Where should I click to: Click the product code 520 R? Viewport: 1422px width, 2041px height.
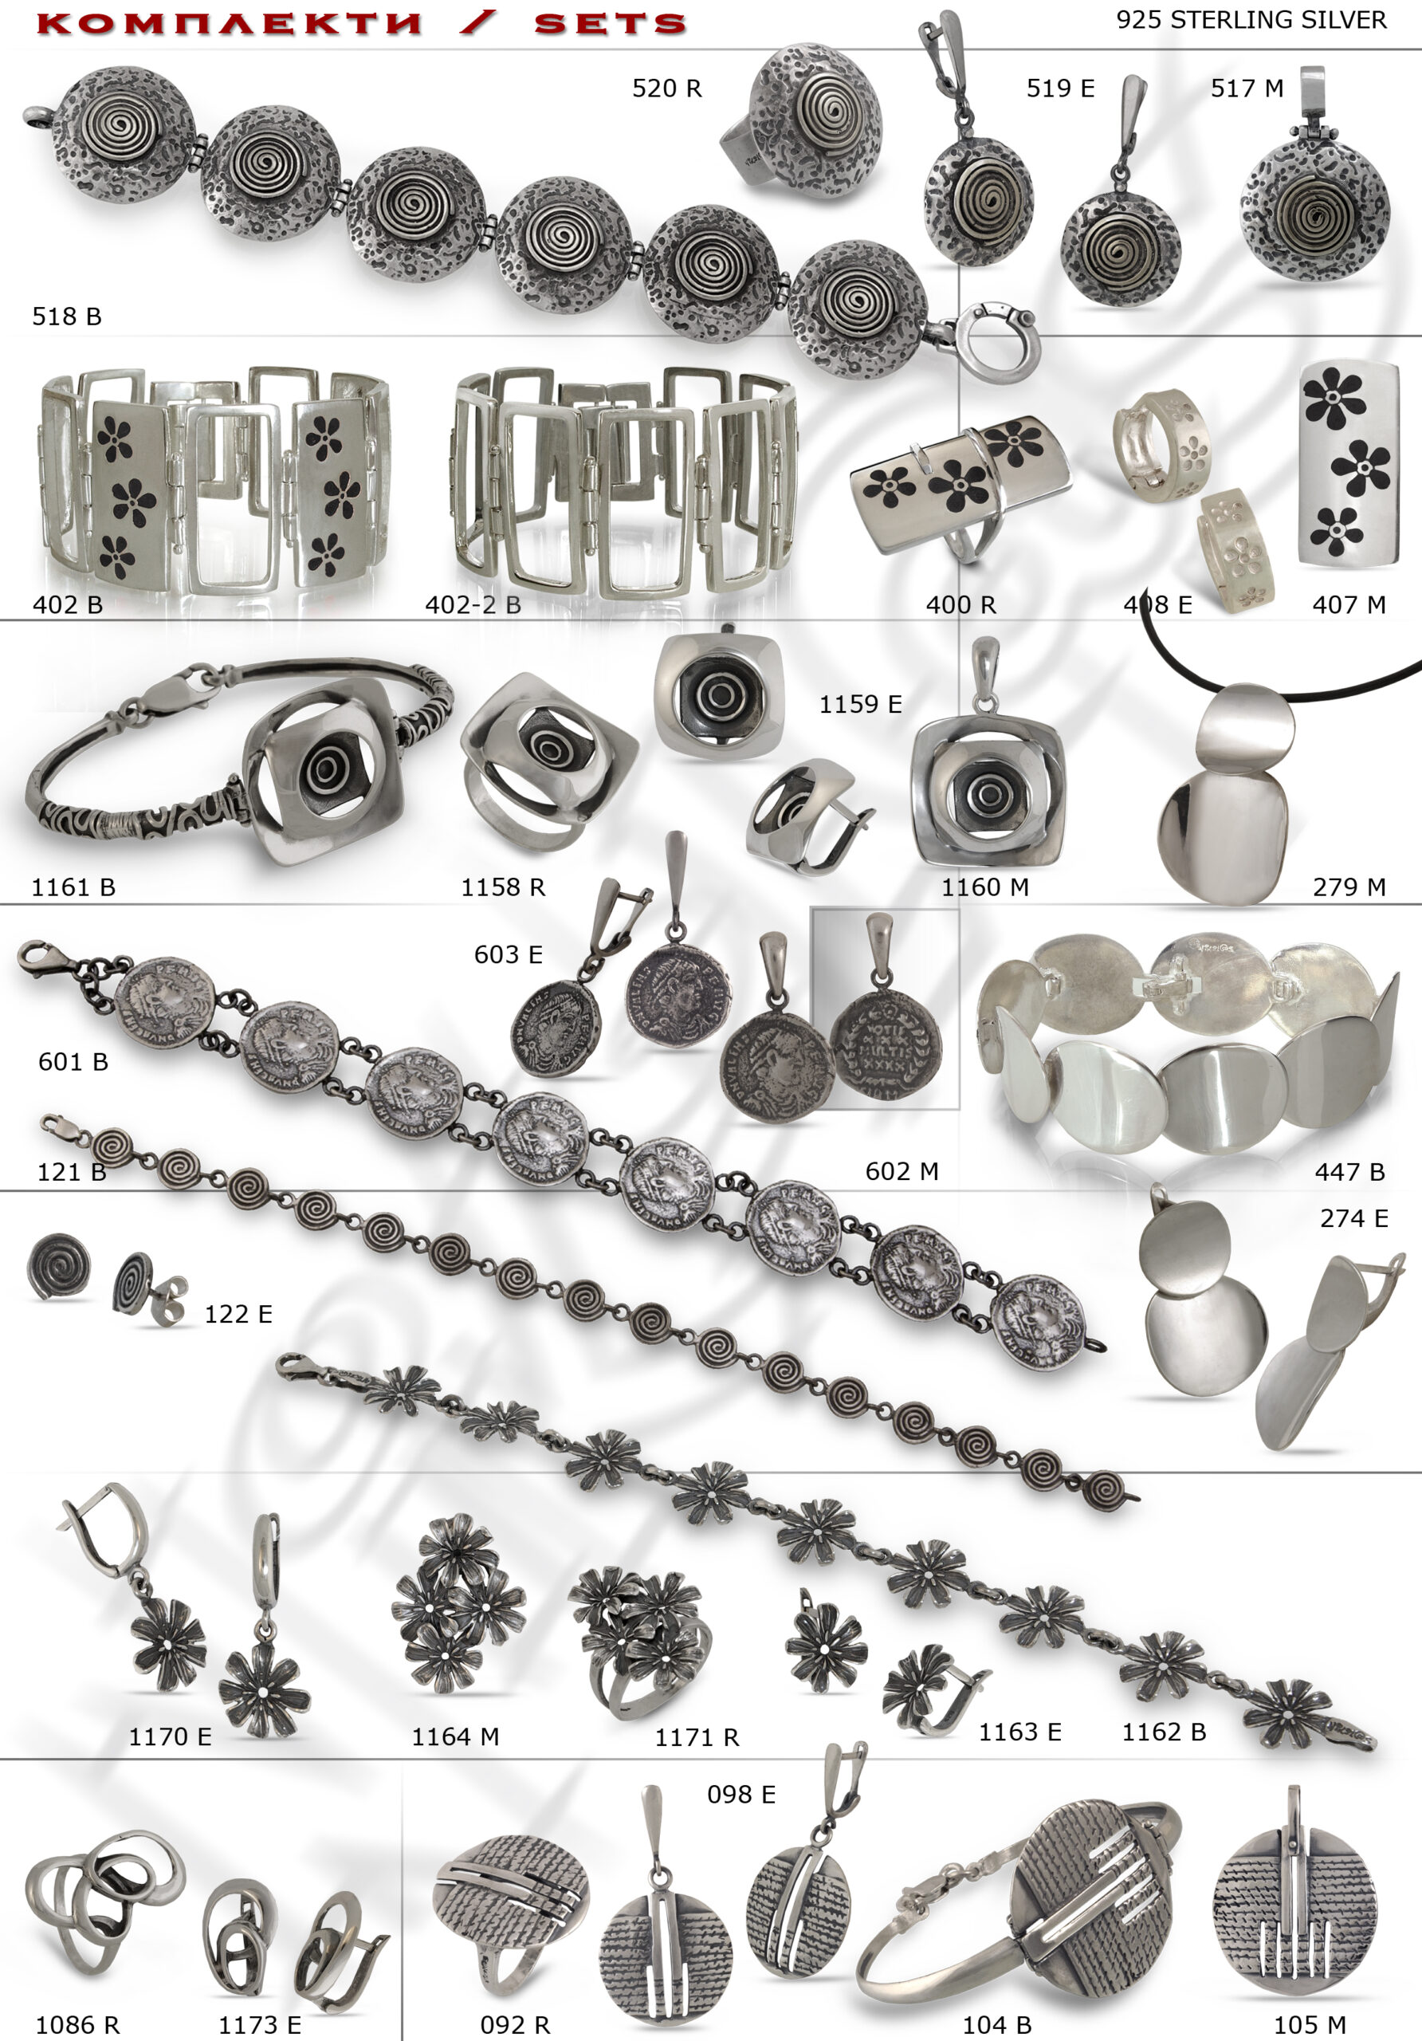pyautogui.click(x=666, y=88)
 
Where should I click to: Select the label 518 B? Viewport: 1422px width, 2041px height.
pyautogui.click(x=67, y=317)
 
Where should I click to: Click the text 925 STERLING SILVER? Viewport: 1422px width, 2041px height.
pyautogui.click(x=1251, y=21)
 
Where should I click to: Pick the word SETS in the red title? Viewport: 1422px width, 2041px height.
pyautogui.click(x=611, y=24)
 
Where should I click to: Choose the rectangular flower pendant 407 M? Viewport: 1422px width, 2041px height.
pyautogui.click(x=1348, y=463)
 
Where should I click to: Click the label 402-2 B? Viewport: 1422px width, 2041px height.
pyautogui.click(x=473, y=605)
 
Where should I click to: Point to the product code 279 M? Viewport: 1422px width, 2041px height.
pyautogui.click(x=1349, y=887)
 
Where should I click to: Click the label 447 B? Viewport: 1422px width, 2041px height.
pyautogui.click(x=1349, y=1173)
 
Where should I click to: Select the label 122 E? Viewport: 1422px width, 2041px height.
pyautogui.click(x=238, y=1315)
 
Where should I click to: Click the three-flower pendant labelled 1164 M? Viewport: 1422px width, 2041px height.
pyautogui.click(x=458, y=1605)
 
